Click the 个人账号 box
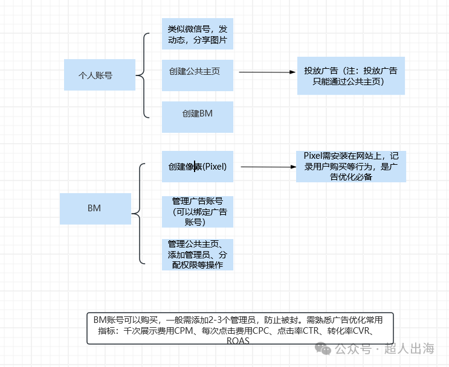(x=100, y=75)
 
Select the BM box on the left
(x=95, y=208)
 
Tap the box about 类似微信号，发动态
(x=198, y=34)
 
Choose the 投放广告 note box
(x=350, y=75)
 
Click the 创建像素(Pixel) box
(x=198, y=166)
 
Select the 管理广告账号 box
(x=198, y=211)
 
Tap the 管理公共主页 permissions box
(x=198, y=254)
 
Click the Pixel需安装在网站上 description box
(x=350, y=166)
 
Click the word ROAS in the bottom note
(x=237, y=341)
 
